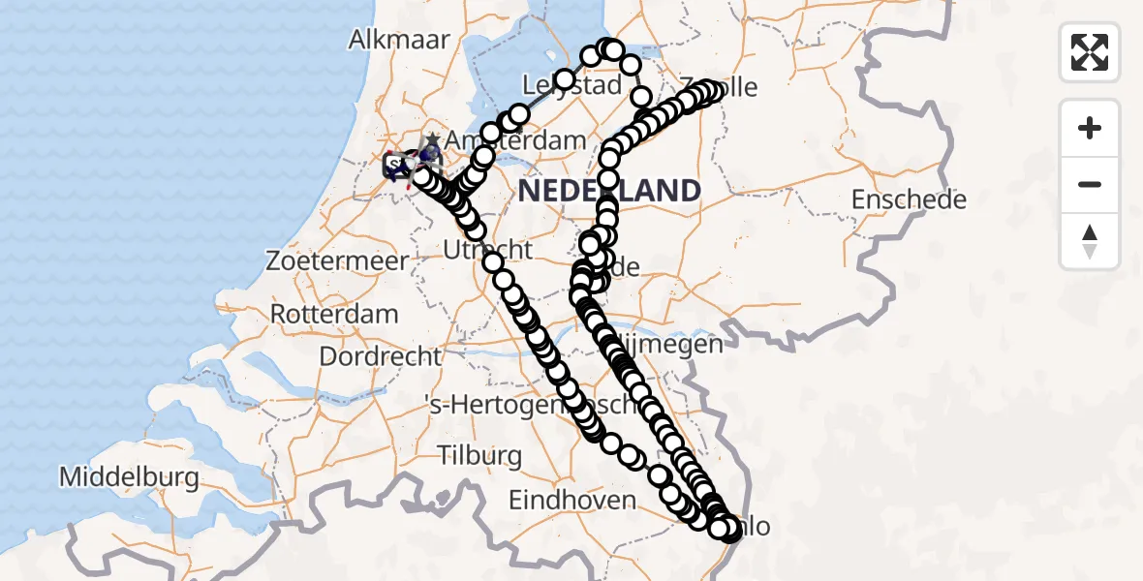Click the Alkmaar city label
pyautogui.click(x=400, y=40)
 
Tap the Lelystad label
pyautogui.click(x=571, y=85)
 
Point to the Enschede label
pyautogui.click(x=909, y=200)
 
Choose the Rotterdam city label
pyautogui.click(x=333, y=315)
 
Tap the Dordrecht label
pyautogui.click(x=381, y=356)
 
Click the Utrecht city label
pyautogui.click(x=487, y=250)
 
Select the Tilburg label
pyautogui.click(x=479, y=455)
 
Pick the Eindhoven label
pyautogui.click(x=572, y=501)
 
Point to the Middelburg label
pyautogui.click(x=129, y=477)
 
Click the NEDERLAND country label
pyautogui.click(x=609, y=191)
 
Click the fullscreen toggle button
pyautogui.click(x=1090, y=51)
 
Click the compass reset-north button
pyautogui.click(x=1090, y=240)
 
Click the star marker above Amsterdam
pyautogui.click(x=432, y=141)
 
